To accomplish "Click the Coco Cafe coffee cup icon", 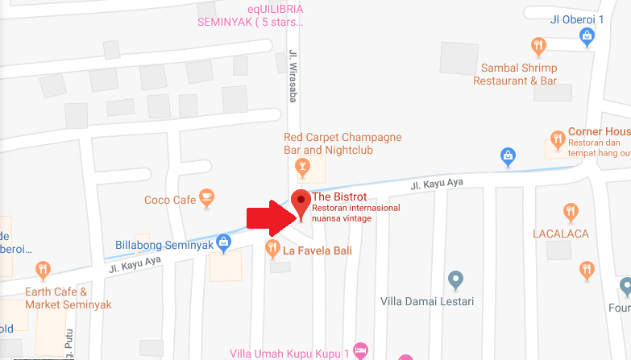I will point(207,196).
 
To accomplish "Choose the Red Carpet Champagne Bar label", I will point(342,143).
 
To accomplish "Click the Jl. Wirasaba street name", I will point(293,77).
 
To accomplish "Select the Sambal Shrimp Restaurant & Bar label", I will point(515,75).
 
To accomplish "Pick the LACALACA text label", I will point(560,234).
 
